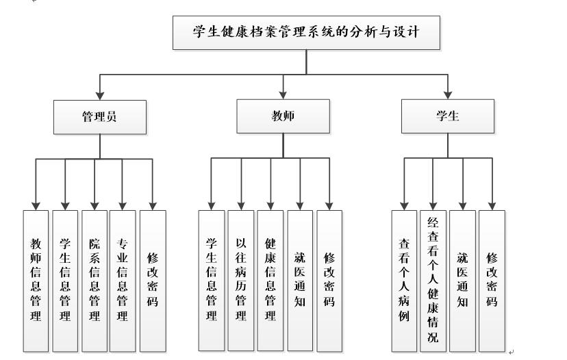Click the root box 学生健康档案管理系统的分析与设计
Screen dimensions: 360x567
305,32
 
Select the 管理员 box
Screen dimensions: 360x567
100,116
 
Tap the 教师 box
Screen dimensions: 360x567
283,116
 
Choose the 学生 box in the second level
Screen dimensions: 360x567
448,116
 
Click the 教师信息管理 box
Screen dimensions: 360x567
36,281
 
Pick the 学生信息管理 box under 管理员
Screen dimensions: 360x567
65,281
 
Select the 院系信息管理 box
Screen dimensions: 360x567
94,281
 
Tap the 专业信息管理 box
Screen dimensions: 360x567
123,281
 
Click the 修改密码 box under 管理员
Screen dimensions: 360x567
153,281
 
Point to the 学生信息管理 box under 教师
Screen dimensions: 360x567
212,281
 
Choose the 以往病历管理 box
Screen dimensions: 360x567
241,281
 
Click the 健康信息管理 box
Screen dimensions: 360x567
270,281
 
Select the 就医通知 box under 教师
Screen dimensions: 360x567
300,281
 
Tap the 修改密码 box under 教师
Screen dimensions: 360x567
329,281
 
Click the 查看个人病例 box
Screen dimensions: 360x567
404,281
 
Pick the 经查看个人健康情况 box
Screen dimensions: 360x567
433,281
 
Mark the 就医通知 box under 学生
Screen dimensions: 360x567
462,281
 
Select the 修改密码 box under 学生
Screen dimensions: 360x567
492,281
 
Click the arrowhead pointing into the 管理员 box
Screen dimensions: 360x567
100,95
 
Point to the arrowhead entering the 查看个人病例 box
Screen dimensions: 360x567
404,205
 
